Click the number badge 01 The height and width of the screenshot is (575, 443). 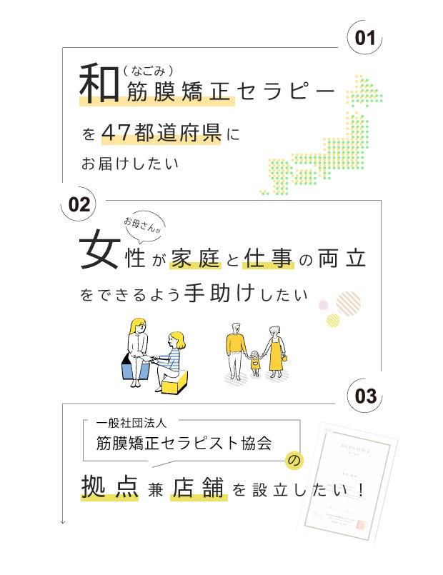[x=365, y=38]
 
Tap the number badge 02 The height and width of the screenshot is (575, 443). [x=79, y=206]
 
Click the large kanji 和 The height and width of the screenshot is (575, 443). [x=99, y=84]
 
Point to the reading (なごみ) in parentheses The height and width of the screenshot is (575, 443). [x=149, y=69]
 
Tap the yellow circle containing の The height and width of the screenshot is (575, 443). [x=294, y=461]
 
